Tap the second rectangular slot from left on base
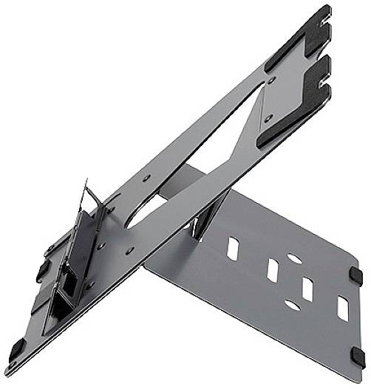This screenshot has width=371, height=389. pyautogui.click(x=273, y=270)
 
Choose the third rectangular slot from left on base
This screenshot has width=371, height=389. pyautogui.click(x=307, y=289)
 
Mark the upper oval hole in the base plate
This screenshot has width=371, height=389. pyautogui.click(x=293, y=259)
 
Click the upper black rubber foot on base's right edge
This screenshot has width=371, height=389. pyautogui.click(x=358, y=274)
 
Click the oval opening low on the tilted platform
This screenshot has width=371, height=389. pyautogui.click(x=147, y=213)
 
